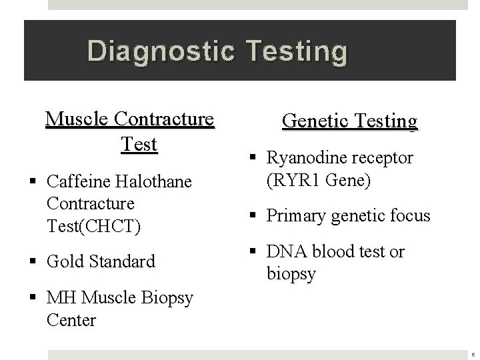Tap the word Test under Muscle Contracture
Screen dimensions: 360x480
[x=140, y=143]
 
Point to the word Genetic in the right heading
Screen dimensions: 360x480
[x=313, y=121]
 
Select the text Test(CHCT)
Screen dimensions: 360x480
[x=94, y=225]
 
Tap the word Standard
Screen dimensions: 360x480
[x=123, y=261]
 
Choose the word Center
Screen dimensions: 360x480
[x=71, y=320]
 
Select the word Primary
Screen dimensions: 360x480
[x=297, y=215]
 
